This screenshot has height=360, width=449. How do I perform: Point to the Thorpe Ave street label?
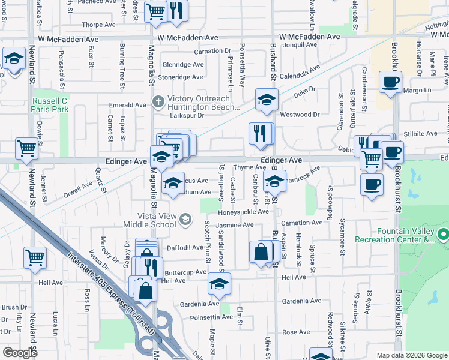tap(99, 25)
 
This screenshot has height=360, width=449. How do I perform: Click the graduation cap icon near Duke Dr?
tap(267, 100)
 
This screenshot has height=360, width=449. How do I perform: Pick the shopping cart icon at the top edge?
tap(155, 11)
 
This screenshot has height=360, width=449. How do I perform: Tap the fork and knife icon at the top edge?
tap(176, 11)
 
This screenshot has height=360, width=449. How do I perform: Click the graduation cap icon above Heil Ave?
tap(220, 283)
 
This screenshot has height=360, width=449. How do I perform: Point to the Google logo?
tap(20, 353)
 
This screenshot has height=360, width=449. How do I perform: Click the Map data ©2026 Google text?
tap(411, 355)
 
